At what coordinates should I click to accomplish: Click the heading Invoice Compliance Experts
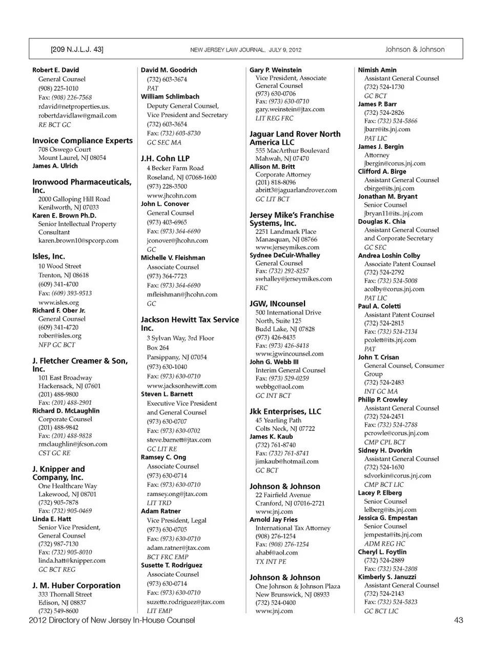tap(83, 141)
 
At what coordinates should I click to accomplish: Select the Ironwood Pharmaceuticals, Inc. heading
tap(82, 186)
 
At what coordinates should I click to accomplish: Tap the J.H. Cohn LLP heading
tap(165, 159)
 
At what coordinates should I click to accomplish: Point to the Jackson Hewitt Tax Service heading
tap(190, 323)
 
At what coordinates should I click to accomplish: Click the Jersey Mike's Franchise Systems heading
tap(292, 219)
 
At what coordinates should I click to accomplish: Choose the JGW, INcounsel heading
tap(277, 304)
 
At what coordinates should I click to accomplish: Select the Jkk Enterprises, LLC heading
tap(285, 411)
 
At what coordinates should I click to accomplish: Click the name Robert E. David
tap(56, 70)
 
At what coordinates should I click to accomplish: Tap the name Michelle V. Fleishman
tap(173, 258)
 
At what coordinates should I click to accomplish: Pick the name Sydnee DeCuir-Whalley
tap(284, 255)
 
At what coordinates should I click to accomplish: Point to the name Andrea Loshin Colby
tap(389, 255)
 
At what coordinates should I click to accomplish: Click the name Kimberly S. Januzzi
tap(387, 577)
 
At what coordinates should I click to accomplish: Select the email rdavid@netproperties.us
tap(74, 107)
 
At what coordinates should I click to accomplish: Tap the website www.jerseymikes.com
tap(287, 247)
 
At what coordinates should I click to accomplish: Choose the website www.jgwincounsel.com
tap(290, 353)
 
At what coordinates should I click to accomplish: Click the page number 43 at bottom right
tap(458, 620)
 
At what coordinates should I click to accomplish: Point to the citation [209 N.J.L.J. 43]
tap(77, 49)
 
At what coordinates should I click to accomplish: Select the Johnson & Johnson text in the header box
tap(415, 49)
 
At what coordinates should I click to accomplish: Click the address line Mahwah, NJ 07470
tap(282, 159)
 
